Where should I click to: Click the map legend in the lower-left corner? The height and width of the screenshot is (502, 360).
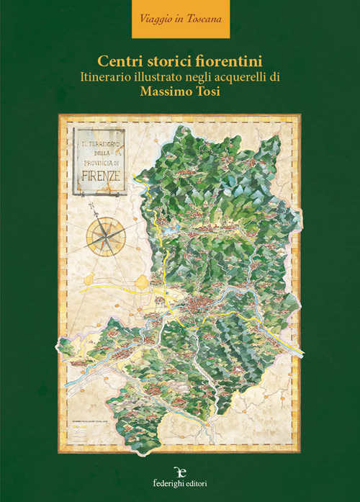coord(90,424)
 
